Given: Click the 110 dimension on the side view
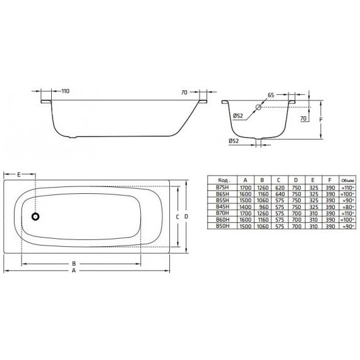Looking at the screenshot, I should pyautogui.click(x=66, y=92).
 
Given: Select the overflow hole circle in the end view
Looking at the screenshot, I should pyautogui.click(x=259, y=108).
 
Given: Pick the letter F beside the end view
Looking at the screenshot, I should pyautogui.click(x=322, y=118).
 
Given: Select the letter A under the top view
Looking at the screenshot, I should pyautogui.click(x=74, y=271).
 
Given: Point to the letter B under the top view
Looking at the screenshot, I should pyautogui.click(x=74, y=263).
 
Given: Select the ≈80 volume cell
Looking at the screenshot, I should pyautogui.click(x=347, y=207).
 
